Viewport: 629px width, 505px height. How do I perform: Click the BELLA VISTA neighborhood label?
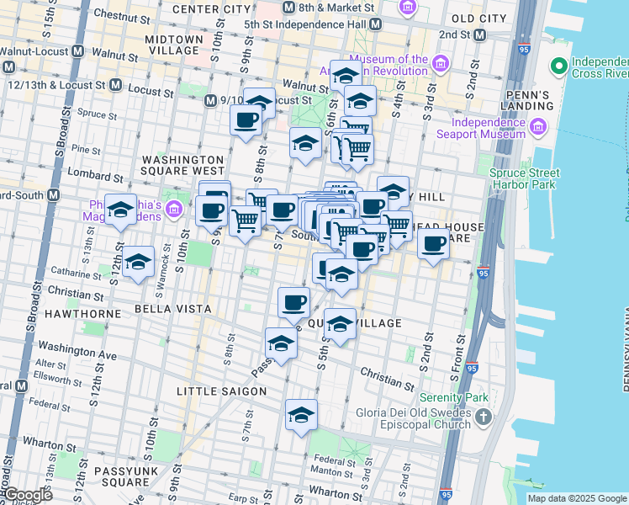coord(172,309)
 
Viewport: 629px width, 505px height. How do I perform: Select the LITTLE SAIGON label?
coord(221,391)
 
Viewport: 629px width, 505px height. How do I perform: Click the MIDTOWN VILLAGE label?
coord(173,45)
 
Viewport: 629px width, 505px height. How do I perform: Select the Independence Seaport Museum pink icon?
coord(538,129)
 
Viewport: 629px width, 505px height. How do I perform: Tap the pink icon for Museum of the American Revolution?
coord(439,64)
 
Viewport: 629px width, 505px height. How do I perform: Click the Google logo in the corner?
coord(27,495)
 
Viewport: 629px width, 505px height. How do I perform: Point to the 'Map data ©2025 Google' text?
coord(576,498)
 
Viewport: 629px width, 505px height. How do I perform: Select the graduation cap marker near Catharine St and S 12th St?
coord(138,263)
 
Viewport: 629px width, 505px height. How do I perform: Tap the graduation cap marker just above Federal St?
coord(301,414)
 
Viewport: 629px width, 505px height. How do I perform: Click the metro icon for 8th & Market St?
coord(288,8)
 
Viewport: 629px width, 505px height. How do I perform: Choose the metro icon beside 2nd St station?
coord(479,35)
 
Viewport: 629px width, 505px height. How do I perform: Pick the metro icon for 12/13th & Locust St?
coord(114,86)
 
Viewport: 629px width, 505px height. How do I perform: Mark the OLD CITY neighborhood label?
coord(478,18)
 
